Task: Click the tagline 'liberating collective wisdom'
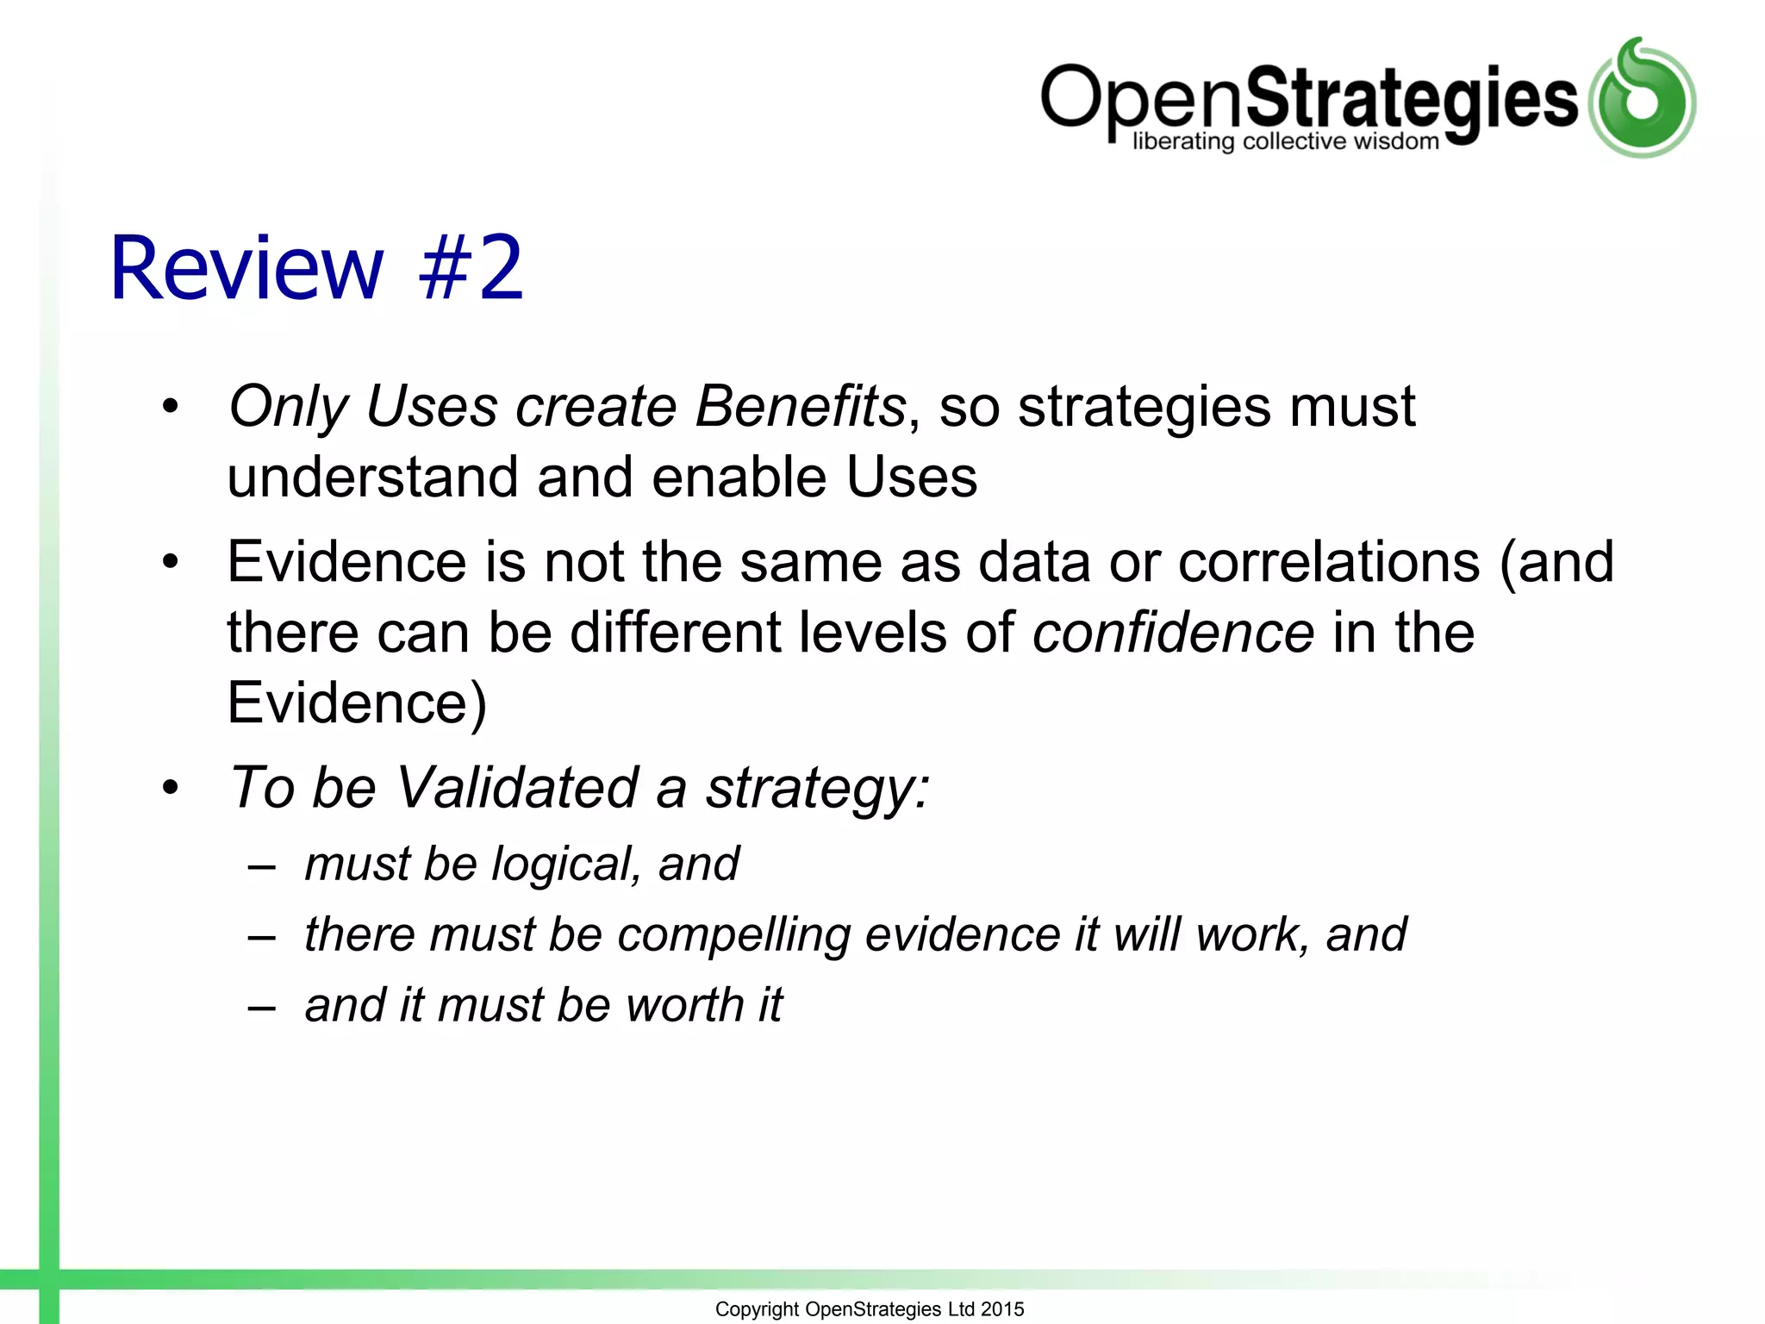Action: coord(1285,141)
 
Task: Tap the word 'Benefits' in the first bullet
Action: coord(800,406)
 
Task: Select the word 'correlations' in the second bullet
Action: coord(1329,562)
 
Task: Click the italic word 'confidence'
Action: coord(1173,633)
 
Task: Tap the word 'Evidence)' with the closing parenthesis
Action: coord(357,703)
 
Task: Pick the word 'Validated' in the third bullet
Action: coord(517,787)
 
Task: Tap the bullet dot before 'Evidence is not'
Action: coord(171,562)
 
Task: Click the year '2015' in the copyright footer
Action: coord(1002,1309)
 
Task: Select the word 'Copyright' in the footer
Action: coord(757,1309)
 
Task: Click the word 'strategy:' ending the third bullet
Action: coord(817,789)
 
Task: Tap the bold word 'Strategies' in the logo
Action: coord(1411,99)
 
